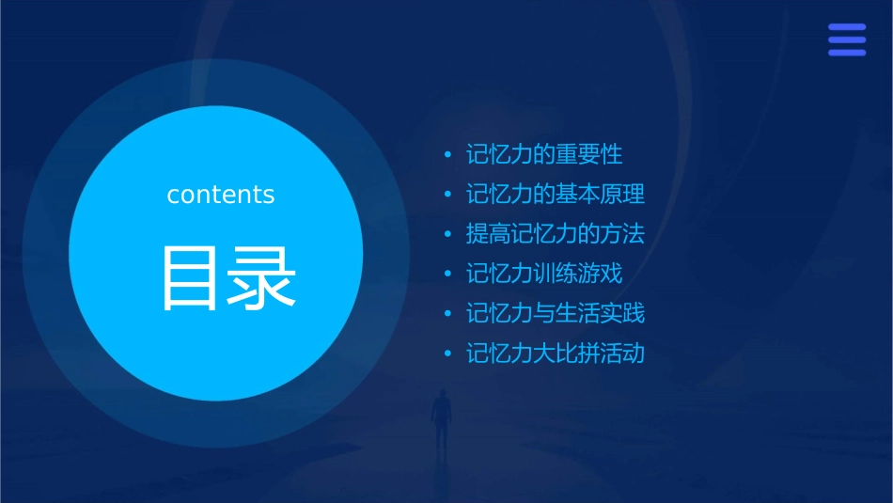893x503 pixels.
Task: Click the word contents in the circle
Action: (221, 195)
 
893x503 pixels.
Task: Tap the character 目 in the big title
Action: (191, 277)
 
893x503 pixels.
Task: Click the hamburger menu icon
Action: (847, 40)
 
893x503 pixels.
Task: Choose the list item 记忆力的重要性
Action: (544, 154)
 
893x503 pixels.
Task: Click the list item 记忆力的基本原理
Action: (556, 195)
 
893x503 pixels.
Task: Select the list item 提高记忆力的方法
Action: (556, 234)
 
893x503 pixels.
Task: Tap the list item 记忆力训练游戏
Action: (544, 275)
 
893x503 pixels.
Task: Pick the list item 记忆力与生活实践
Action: (556, 314)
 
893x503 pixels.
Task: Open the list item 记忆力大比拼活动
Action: (556, 354)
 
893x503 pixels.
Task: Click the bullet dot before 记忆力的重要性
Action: (448, 155)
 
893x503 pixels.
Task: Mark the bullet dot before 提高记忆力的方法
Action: (448, 235)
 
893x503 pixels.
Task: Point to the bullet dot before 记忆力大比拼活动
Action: (448, 355)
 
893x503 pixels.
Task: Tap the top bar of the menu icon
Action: (847, 28)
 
